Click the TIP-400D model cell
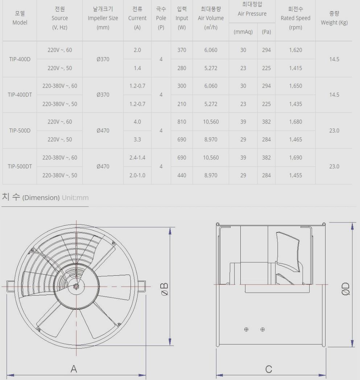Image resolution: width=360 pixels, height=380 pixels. [20, 59]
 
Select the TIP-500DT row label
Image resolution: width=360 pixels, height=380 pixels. [20, 167]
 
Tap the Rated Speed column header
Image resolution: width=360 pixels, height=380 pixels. [295, 18]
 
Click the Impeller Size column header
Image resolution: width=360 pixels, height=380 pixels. [103, 18]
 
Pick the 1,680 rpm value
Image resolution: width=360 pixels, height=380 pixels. [295, 122]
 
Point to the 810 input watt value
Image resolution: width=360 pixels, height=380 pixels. [182, 122]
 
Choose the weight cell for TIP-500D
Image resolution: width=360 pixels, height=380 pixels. [334, 131]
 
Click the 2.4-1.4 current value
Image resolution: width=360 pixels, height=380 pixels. [137, 158]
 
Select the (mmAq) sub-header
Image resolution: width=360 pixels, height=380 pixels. [243, 32]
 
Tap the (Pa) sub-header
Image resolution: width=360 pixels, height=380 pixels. [266, 32]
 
